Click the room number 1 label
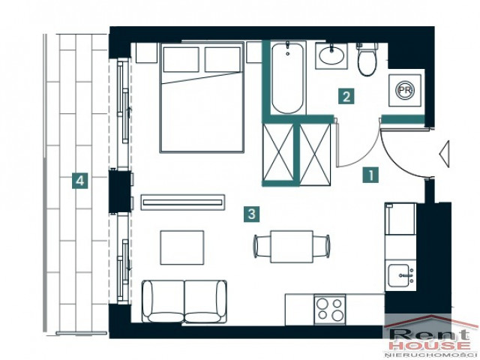click(x=370, y=175)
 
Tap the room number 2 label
click(x=346, y=97)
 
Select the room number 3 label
click(x=252, y=214)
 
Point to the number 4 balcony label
click(x=80, y=180)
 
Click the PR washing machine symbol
click(x=405, y=90)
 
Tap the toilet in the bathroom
click(x=367, y=59)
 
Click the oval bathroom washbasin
click(x=331, y=55)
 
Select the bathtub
click(x=288, y=79)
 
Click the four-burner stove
click(x=329, y=309)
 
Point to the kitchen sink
click(x=400, y=275)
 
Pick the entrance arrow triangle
click(x=444, y=154)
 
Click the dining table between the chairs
click(x=292, y=247)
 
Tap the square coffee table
click(x=182, y=247)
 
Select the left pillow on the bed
click(x=181, y=59)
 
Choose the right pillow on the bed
click(x=223, y=59)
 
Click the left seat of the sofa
click(x=163, y=301)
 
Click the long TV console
click(x=183, y=202)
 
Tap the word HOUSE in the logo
click(x=430, y=346)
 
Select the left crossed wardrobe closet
click(x=278, y=152)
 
